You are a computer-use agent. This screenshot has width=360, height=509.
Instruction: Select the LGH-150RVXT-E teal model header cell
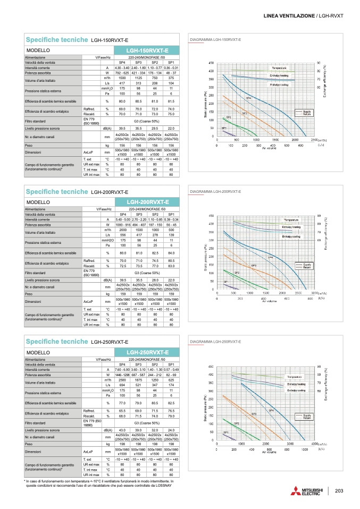tap(147, 50)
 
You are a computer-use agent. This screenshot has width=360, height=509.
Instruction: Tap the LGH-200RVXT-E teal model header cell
tap(147, 202)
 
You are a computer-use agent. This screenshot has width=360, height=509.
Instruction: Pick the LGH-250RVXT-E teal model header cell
tap(147, 352)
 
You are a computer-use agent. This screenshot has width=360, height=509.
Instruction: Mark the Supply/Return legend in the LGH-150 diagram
tap(307, 112)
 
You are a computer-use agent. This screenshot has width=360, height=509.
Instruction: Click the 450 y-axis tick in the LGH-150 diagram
tap(211, 63)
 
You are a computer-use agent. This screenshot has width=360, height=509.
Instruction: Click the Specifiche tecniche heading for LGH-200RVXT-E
tap(56, 191)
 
